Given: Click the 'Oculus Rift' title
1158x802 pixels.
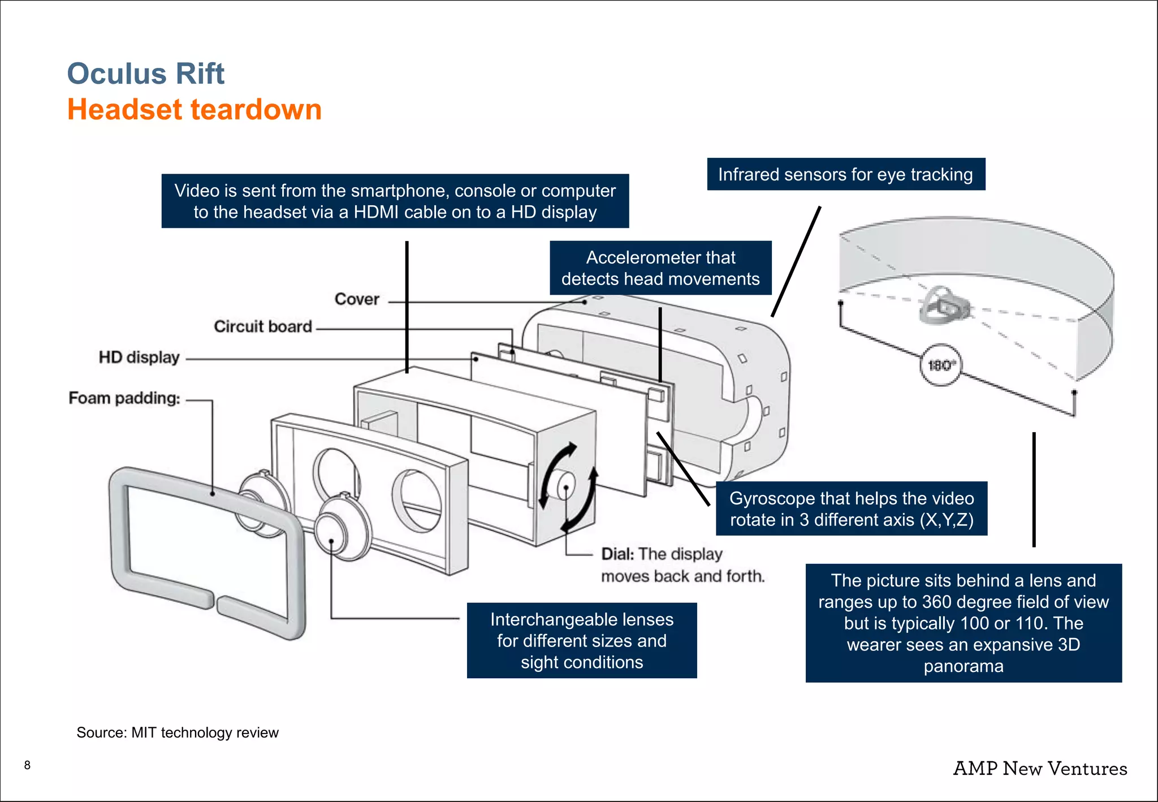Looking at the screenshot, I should point(146,74).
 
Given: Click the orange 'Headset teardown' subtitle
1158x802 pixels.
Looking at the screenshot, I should point(195,110).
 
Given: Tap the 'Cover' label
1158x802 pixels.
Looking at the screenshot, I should point(357,299).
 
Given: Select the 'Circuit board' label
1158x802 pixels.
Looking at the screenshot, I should point(263,327).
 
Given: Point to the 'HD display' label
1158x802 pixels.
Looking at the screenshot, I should point(139,357).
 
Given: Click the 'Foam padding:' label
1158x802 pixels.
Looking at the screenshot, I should point(124,398).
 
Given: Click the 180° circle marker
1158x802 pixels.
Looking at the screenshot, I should point(940,365).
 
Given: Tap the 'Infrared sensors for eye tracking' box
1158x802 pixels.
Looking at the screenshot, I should point(845,175).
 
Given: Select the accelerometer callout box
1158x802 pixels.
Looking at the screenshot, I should point(660,268).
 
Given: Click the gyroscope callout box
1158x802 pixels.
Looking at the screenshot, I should point(852,509).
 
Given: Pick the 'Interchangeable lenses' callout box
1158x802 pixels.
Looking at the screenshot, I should point(582,641).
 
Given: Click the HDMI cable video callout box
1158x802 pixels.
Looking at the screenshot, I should point(395,201).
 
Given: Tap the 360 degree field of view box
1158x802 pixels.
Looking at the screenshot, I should point(963,623).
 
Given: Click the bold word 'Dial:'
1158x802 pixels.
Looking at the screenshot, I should point(617,554).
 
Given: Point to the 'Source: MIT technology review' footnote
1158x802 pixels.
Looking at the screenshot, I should point(178,733).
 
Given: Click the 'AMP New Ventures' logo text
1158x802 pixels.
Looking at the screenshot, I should point(1040,769).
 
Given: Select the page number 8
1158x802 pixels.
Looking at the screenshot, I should point(27,765).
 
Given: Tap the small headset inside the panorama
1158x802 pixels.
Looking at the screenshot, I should point(943,305).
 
